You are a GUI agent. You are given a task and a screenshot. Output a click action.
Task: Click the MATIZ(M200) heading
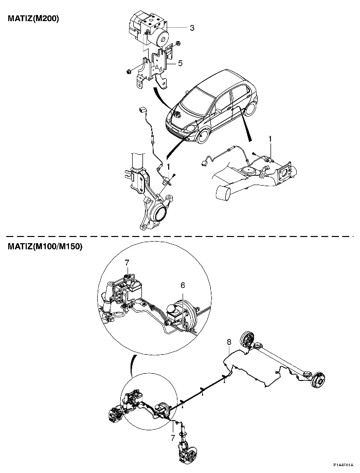click(x=33, y=19)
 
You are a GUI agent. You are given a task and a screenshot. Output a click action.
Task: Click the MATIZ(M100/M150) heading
click(x=45, y=247)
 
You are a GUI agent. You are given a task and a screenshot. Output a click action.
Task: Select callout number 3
click(x=192, y=28)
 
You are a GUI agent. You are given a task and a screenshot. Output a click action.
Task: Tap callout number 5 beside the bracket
click(x=180, y=63)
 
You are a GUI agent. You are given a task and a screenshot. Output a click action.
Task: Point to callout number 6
click(x=183, y=285)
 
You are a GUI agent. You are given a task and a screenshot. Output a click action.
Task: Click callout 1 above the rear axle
click(x=271, y=139)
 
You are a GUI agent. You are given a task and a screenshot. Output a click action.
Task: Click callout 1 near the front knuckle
click(x=169, y=167)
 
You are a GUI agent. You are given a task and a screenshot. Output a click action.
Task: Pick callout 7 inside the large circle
click(x=127, y=263)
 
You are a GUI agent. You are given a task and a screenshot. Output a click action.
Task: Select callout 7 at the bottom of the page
click(x=173, y=438)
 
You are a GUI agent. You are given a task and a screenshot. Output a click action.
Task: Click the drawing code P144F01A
click(x=346, y=470)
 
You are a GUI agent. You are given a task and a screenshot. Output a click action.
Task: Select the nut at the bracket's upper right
click(x=178, y=43)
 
